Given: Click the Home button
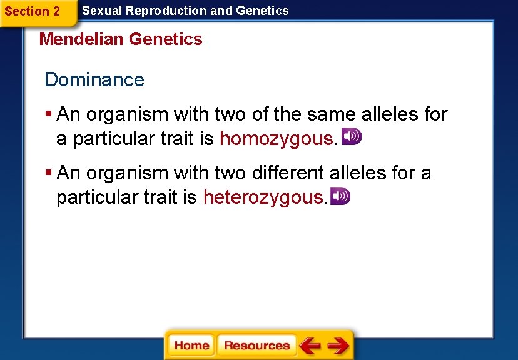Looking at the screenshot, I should pyautogui.click(x=191, y=346).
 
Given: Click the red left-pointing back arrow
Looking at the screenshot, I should pyautogui.click(x=310, y=346).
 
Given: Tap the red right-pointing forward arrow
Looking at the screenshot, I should pyautogui.click(x=338, y=346).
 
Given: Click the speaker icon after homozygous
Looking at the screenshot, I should pyautogui.click(x=351, y=137).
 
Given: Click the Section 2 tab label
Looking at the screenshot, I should pyautogui.click(x=33, y=11).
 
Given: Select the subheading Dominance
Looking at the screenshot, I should pyautogui.click(x=94, y=80).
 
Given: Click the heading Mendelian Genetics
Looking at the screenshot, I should pyautogui.click(x=121, y=39).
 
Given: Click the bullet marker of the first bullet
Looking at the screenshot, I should pyautogui.click(x=48, y=114).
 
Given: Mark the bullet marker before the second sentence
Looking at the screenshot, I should pyautogui.click(x=48, y=172).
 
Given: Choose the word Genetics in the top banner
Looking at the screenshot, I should pyautogui.click(x=262, y=11).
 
